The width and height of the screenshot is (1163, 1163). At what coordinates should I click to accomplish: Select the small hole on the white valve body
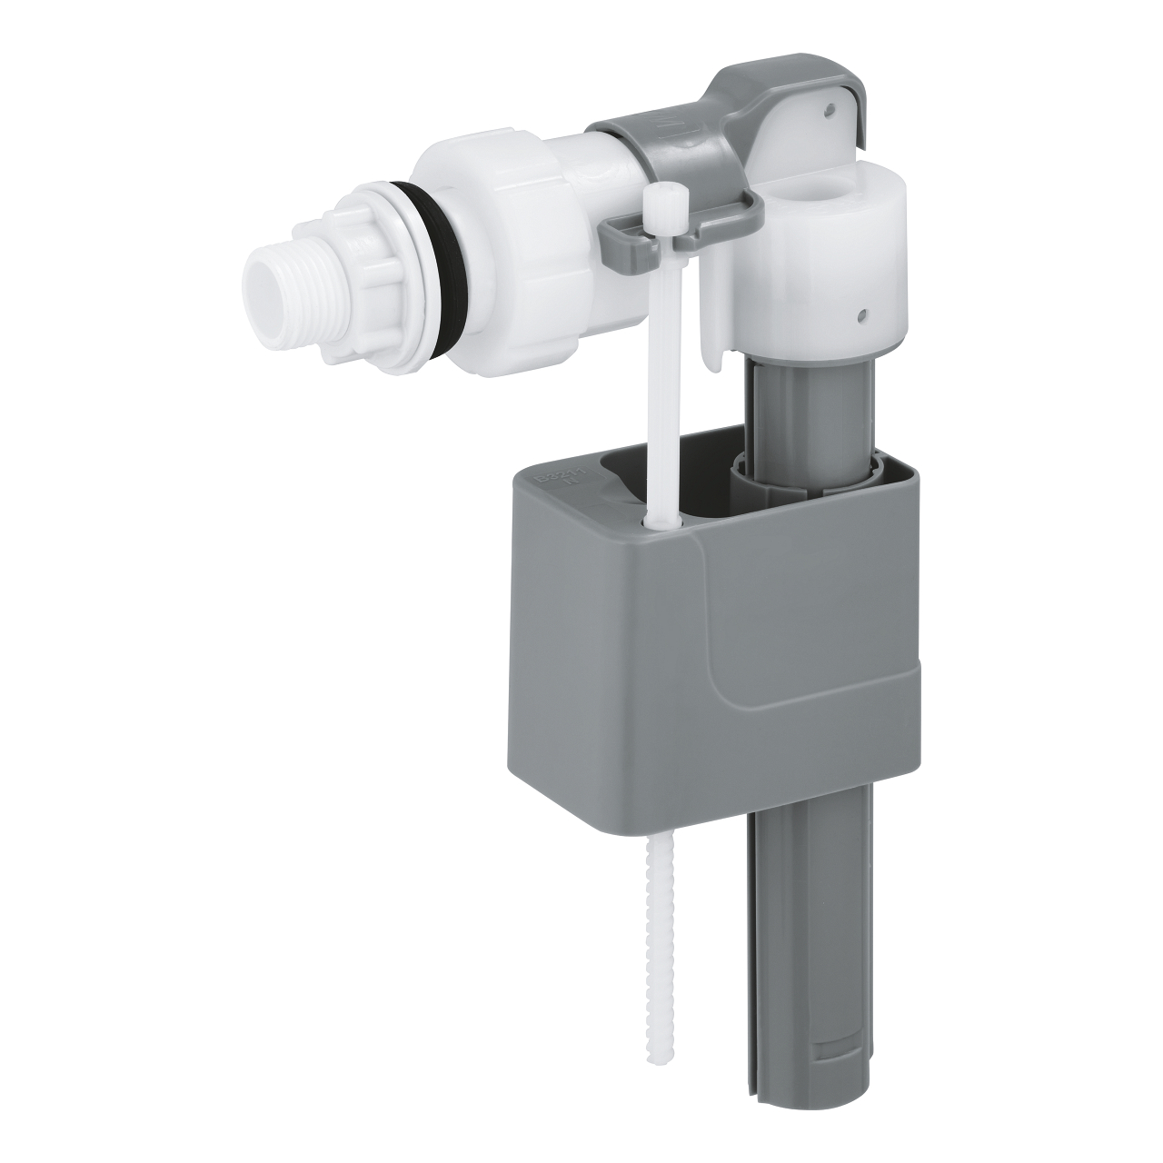860,317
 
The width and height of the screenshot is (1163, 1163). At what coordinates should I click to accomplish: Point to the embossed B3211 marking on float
550,477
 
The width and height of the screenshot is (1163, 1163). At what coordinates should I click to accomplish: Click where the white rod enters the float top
655,518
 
